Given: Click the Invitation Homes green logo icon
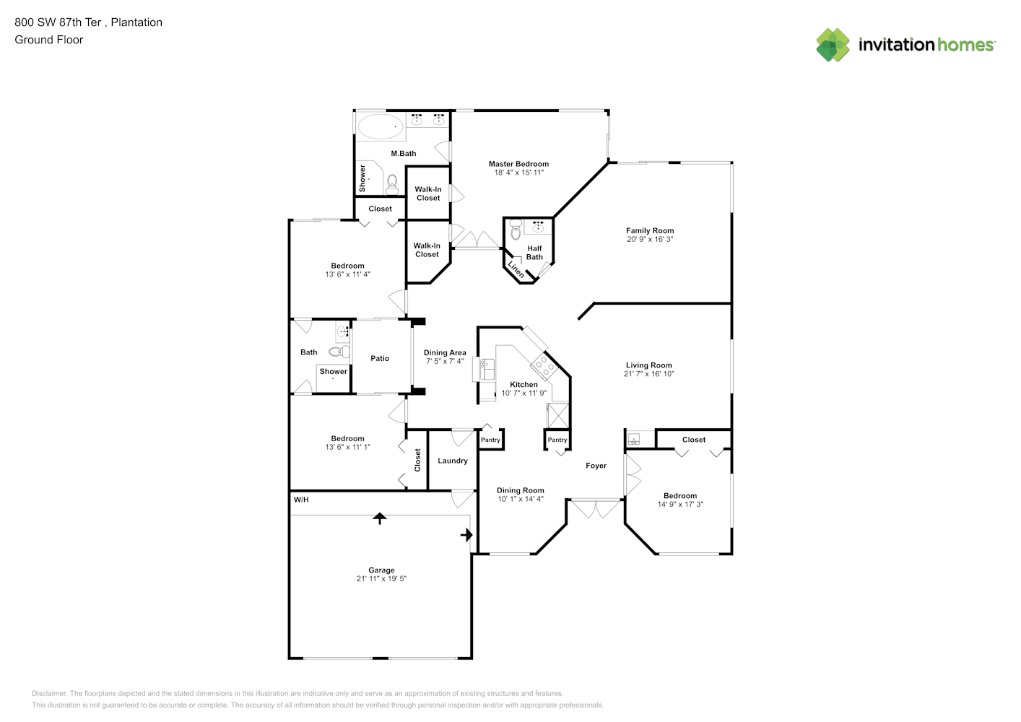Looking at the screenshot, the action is (x=833, y=45).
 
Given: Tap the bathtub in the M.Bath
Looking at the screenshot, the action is (x=381, y=126).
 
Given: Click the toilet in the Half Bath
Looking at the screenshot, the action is (x=516, y=229).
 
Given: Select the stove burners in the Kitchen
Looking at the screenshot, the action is (x=544, y=366).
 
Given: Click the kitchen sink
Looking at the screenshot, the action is (x=487, y=369).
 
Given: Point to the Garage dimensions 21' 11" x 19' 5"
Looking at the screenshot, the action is (x=381, y=578).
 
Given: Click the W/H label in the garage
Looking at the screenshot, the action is (x=301, y=500).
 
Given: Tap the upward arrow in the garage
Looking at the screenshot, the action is (x=379, y=518).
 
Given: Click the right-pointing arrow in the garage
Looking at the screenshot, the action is (x=466, y=535).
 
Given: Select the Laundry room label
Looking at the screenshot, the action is (x=453, y=461).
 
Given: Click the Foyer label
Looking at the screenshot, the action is (x=596, y=466).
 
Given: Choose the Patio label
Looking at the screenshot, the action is (x=380, y=358).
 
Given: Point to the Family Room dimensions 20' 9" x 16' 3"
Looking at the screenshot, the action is (x=650, y=239).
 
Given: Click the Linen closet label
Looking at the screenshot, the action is (x=516, y=269).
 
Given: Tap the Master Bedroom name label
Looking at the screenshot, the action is (x=518, y=164).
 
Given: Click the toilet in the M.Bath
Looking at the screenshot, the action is (x=392, y=185).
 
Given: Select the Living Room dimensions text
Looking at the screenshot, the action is (x=648, y=374).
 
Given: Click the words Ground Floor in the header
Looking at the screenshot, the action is (x=49, y=40).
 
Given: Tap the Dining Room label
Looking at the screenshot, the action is (x=521, y=490).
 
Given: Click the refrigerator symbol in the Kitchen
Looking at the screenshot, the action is (x=558, y=414).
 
